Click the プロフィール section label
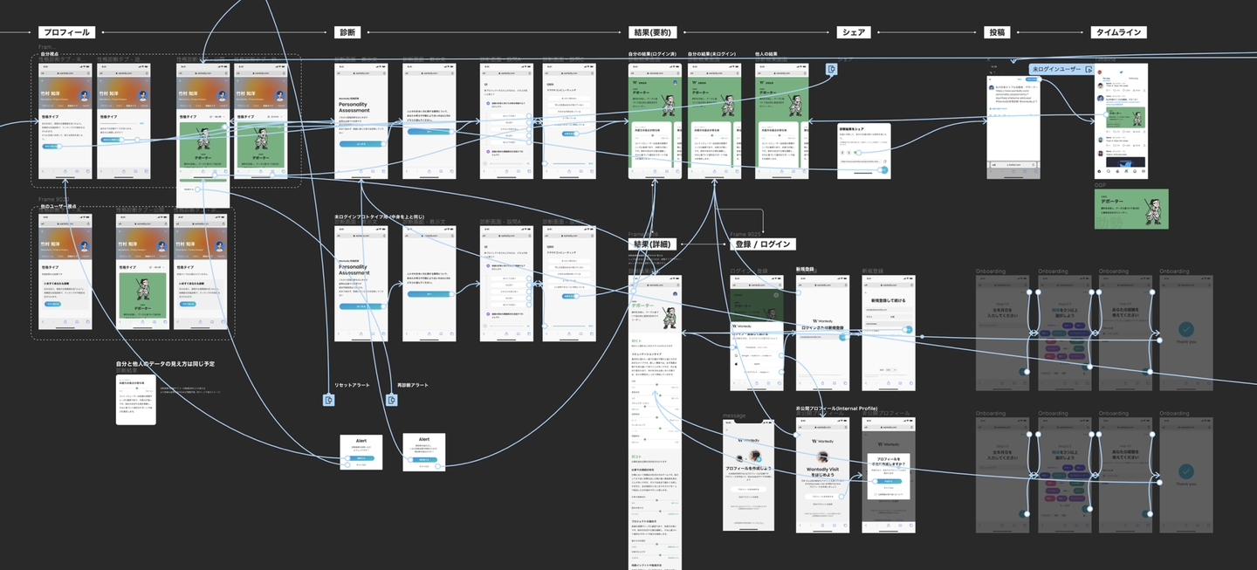(x=66, y=32)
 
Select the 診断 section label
(x=347, y=32)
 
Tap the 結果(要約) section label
(x=650, y=32)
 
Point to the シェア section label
(x=852, y=32)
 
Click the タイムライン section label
(x=1118, y=32)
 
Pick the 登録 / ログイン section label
(x=761, y=244)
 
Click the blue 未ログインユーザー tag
(x=1056, y=69)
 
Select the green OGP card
(x=1131, y=209)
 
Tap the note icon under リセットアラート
(x=329, y=400)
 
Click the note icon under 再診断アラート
(x=392, y=400)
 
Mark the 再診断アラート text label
(x=413, y=385)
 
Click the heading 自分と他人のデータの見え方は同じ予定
(x=166, y=363)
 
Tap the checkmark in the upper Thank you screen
(x=1185, y=329)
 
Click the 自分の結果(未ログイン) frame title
(x=711, y=54)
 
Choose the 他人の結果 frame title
(x=766, y=54)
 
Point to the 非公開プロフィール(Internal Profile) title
(x=836, y=408)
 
